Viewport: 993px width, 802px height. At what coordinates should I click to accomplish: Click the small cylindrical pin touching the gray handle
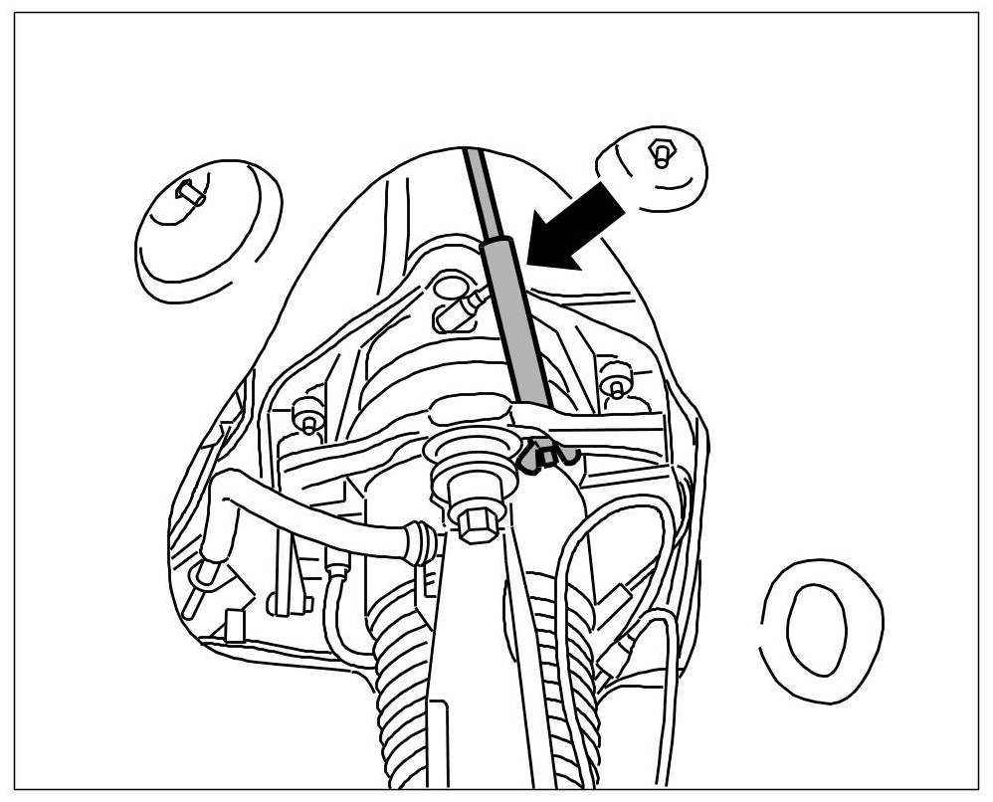pos(468,303)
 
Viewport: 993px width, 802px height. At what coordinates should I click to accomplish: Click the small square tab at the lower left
pos(235,626)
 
